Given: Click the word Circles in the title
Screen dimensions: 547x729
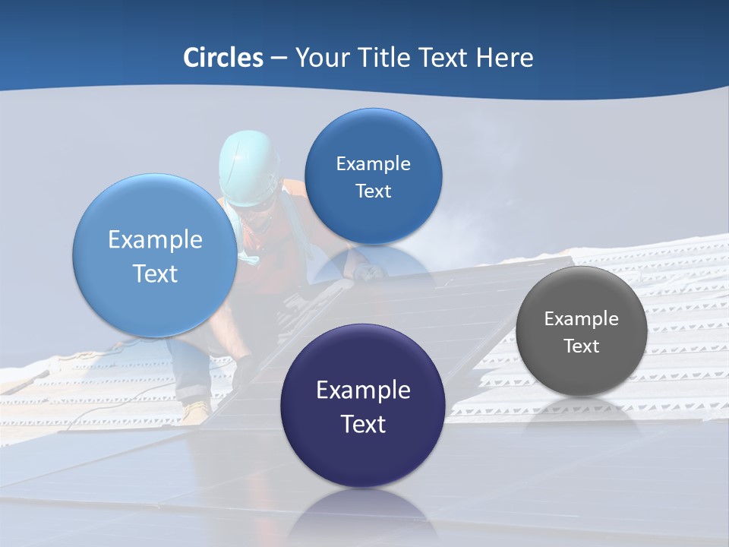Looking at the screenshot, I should [222, 58].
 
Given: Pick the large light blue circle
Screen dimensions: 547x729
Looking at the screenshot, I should [155, 255].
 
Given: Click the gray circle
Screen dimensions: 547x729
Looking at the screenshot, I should [582, 331].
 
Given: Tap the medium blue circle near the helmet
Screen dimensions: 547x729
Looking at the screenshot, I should [373, 176].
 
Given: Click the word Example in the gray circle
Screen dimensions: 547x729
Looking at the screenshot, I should [582, 319].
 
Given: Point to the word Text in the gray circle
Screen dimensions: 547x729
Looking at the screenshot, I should [582, 346].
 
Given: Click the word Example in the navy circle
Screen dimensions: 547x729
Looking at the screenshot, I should [363, 390].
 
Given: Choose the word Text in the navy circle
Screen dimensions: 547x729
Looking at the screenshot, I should [363, 424].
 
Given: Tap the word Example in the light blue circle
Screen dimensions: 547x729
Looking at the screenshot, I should [155, 240].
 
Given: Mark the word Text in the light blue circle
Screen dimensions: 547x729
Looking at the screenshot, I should [155, 273].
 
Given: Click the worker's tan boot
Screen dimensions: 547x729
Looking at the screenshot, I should [196, 411].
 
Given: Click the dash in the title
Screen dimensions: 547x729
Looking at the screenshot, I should [279, 58].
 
